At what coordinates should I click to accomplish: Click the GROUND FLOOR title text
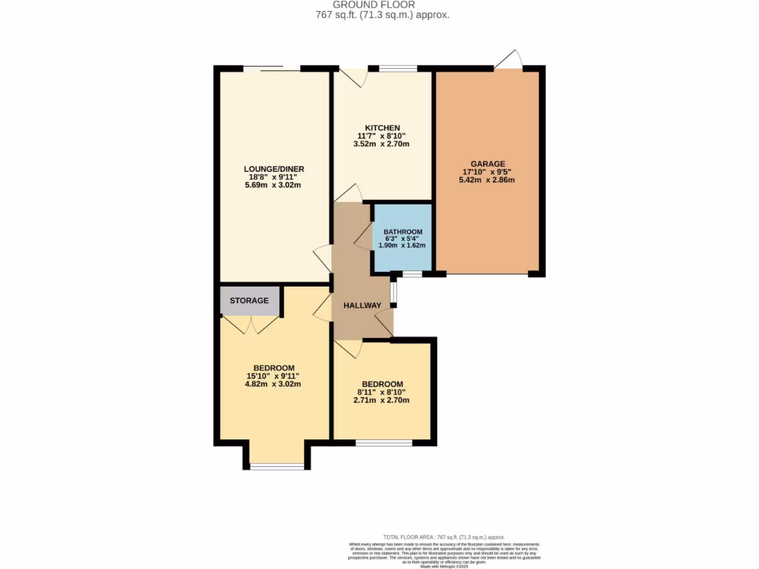(379, 4)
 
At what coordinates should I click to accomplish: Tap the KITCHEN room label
(381, 127)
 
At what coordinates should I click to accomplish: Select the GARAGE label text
(487, 164)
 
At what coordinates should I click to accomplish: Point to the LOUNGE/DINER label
(274, 169)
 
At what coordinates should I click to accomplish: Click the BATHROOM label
(402, 232)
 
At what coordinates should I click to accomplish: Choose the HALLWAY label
(362, 305)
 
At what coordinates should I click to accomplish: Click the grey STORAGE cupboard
(249, 301)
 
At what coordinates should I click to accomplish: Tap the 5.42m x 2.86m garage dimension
(487, 180)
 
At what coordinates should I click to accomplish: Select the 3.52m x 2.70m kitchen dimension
(381, 144)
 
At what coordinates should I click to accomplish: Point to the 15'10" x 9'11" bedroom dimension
(274, 376)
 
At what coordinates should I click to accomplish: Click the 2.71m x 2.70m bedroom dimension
(381, 400)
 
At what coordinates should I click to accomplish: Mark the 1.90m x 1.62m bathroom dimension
(402, 245)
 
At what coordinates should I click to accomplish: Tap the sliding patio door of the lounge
(271, 69)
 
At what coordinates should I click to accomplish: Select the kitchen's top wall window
(397, 69)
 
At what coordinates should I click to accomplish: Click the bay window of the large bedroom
(276, 466)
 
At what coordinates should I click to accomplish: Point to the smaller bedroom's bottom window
(383, 443)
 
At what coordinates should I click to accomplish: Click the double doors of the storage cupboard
(250, 324)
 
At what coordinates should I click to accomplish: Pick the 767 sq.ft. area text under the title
(379, 15)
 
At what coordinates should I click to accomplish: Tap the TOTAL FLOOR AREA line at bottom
(443, 536)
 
